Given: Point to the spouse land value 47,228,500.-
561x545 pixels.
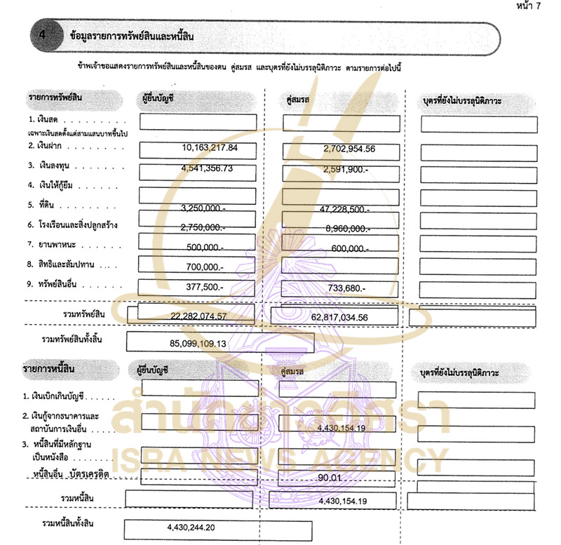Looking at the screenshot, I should (344, 209).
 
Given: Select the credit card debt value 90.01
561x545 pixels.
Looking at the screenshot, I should (329, 478).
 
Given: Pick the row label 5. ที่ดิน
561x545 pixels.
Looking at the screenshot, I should (42, 206).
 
